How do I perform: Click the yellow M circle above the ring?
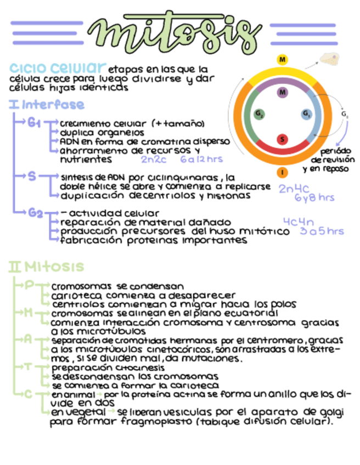pos(283,59)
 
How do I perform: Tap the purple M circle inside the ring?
pos(283,92)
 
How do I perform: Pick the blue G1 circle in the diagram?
pos(306,114)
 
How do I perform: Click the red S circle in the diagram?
pos(283,139)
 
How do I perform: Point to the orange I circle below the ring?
pos(283,172)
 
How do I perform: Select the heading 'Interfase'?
pos(53,104)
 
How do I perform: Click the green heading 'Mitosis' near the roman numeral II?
pos(54,267)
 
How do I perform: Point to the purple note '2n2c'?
pos(154,160)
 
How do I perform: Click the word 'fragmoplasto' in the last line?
pos(150,423)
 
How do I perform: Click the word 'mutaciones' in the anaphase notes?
pos(209,359)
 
